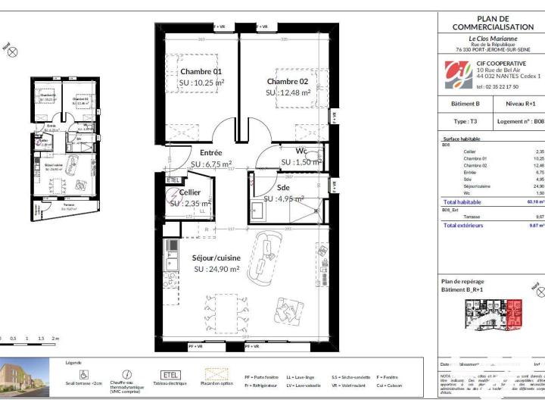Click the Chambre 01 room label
[201, 71]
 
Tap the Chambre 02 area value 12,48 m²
[288, 92]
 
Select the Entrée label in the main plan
[210, 152]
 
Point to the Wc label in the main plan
[301, 151]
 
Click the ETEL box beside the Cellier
[173, 180]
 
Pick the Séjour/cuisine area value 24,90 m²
[216, 269]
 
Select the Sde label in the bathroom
[283, 187]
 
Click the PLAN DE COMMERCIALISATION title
[493, 23]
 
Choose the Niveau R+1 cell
[519, 103]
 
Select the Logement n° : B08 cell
[519, 120]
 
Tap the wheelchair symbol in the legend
[84, 373]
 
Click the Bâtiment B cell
[465, 103]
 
